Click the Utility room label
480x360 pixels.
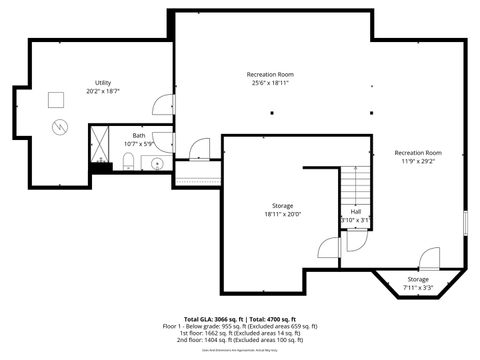coord(103,83)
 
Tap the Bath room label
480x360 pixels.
coord(138,136)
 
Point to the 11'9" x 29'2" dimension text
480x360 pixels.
coord(418,162)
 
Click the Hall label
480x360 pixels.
coord(355,211)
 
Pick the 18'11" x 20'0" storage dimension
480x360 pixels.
coord(282,214)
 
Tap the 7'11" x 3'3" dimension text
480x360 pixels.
coord(418,288)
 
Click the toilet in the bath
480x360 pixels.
coord(128,165)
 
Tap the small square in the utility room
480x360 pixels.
coord(55,97)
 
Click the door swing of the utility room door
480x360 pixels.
coord(162,102)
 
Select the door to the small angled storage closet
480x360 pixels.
coord(430,258)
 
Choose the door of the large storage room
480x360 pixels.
coord(329,251)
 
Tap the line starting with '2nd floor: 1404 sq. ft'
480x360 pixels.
coord(239,340)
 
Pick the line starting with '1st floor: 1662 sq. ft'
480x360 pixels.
coord(239,333)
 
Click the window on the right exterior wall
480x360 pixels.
coord(466,222)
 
